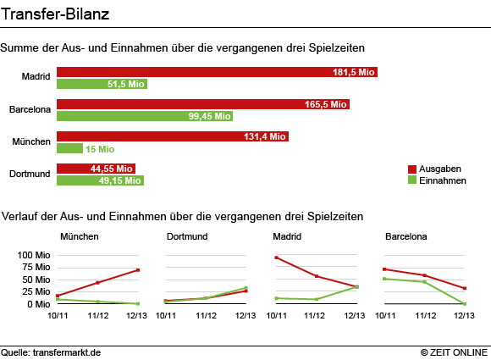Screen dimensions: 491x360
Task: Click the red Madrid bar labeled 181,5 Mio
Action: point(217,72)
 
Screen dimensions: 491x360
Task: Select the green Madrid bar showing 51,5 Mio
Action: point(102,84)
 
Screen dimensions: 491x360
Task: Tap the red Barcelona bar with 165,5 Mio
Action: point(203,104)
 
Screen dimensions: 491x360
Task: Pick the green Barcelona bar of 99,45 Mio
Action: point(145,116)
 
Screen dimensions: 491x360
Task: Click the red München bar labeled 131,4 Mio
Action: point(173,136)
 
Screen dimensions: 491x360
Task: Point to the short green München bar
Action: point(69,148)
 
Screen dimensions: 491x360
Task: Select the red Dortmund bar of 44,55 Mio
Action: point(96,169)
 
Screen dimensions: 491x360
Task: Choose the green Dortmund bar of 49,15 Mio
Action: point(100,180)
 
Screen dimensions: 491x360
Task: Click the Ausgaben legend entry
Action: point(434,169)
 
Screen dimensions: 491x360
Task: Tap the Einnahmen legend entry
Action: point(437,180)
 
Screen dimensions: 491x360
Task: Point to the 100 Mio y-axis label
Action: point(34,255)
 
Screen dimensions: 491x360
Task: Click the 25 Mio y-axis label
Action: point(36,291)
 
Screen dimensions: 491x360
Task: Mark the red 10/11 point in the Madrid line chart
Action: point(277,258)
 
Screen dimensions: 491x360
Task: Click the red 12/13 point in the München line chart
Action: point(138,269)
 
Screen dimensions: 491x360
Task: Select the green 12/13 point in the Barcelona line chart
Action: point(465,304)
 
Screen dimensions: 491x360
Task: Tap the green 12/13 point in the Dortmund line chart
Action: point(246,288)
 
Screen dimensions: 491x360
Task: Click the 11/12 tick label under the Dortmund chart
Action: point(206,315)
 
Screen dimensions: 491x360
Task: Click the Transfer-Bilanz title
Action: point(55,14)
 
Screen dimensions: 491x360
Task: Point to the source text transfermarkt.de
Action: point(67,352)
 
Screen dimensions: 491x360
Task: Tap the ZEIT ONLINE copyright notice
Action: point(454,352)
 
